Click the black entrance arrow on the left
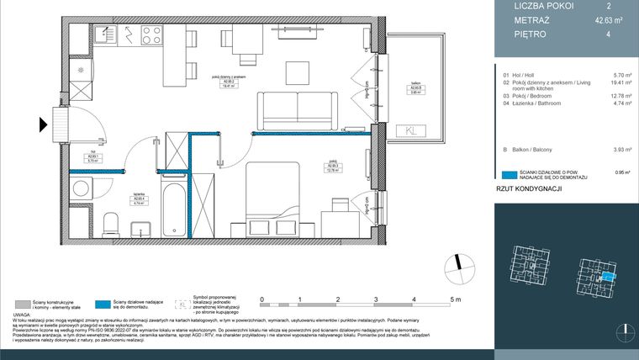pos(42,125)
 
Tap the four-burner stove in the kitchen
pos(151,35)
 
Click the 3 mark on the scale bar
pos(376,299)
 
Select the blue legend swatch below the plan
pos(103,304)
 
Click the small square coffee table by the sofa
pos(297,70)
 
